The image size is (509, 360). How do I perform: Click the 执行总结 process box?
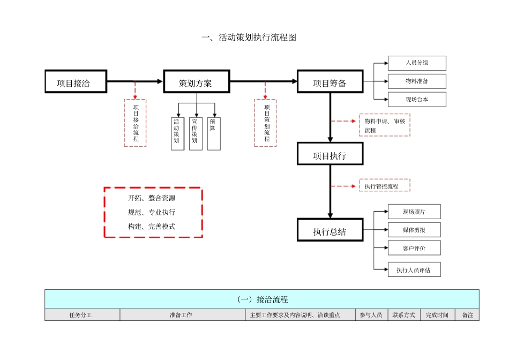click(330, 231)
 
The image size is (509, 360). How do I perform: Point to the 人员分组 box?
click(417, 63)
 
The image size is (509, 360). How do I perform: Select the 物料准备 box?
click(417, 81)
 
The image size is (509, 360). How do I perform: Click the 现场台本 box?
click(417, 100)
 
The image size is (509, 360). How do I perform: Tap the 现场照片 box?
click(414, 212)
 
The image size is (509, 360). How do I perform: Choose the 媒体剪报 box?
click(414, 230)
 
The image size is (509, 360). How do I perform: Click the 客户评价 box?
click(414, 248)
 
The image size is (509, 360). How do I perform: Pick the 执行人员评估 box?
click(414, 270)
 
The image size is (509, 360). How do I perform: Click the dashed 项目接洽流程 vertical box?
click(136, 123)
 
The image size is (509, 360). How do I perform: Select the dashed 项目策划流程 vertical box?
click(266, 123)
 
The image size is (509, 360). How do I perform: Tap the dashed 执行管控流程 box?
click(384, 186)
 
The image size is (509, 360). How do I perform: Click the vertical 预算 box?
click(214, 133)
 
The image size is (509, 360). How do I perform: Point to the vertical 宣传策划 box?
click(196, 133)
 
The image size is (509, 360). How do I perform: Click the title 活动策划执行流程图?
click(249, 37)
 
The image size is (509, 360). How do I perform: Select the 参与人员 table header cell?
click(370, 315)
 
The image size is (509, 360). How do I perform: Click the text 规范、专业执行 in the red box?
click(152, 212)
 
